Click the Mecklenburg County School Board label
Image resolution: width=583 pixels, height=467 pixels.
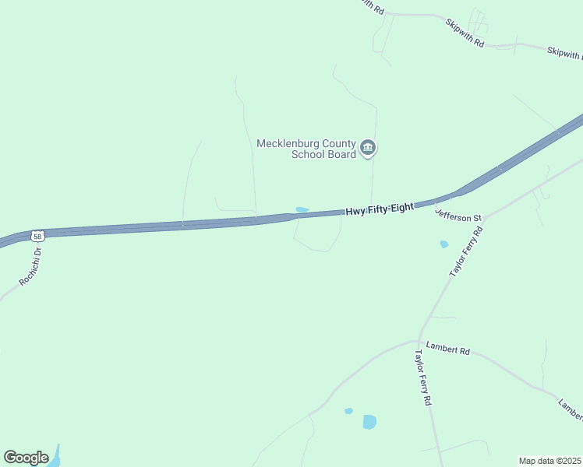(306, 148)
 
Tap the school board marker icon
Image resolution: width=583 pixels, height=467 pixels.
(369, 147)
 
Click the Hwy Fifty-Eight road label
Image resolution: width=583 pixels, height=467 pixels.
(380, 209)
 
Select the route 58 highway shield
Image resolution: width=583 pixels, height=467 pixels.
(37, 235)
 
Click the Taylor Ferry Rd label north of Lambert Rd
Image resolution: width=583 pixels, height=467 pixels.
(467, 252)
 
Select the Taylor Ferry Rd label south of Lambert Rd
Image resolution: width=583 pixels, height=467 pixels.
(422, 377)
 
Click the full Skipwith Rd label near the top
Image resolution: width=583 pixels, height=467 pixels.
(465, 33)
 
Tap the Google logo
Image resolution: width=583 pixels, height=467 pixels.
(26, 457)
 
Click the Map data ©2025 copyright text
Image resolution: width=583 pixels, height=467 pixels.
(550, 461)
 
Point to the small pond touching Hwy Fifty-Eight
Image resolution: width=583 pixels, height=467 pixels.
(302, 209)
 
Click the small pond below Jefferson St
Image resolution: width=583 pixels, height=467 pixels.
(443, 244)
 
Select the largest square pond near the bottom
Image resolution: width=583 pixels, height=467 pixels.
(369, 422)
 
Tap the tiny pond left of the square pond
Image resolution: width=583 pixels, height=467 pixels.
(348, 410)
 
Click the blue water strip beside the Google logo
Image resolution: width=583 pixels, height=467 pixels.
(55, 457)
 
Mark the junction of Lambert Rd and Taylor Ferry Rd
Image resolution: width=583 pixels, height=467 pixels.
(419, 341)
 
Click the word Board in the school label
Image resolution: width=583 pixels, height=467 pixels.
(344, 154)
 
